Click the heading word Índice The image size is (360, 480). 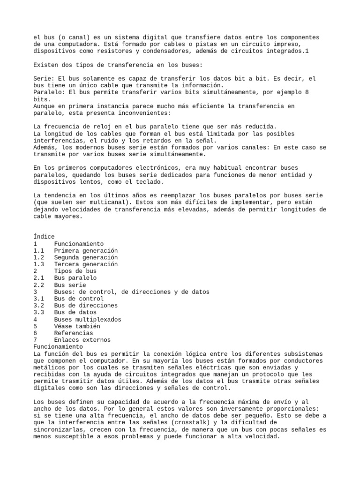click(44, 237)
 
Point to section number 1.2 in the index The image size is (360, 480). click(39, 257)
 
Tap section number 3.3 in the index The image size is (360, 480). click(39, 312)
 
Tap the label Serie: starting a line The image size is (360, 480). click(44, 79)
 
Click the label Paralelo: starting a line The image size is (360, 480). click(49, 92)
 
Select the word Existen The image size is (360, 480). click(46, 65)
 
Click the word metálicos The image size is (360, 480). click(49, 367)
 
